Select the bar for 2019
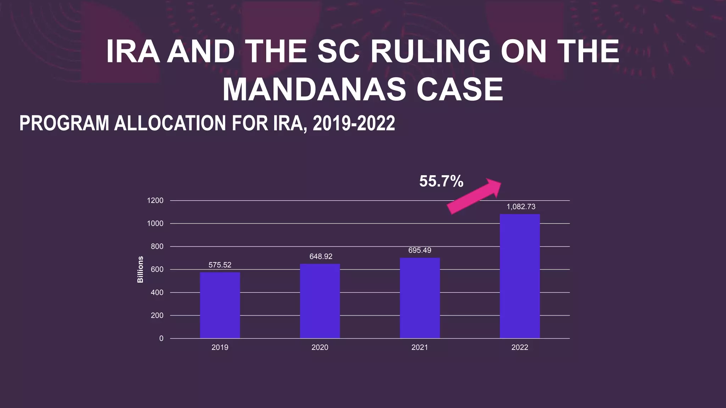pos(220,305)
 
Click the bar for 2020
pos(320,301)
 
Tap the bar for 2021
pos(420,298)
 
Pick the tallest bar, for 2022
pos(520,276)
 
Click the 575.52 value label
pos(220,265)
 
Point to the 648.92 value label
pos(321,256)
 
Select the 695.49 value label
pos(420,250)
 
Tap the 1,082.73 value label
pos(521,207)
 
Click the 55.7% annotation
pos(441,181)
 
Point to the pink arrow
pos(474,197)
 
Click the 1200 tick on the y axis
pos(155,200)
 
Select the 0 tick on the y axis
pos(161,339)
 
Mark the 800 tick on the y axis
pos(157,246)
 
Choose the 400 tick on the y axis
pos(157,293)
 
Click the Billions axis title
pos(140,270)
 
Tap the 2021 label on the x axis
pos(420,347)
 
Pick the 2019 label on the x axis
pos(220,347)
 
